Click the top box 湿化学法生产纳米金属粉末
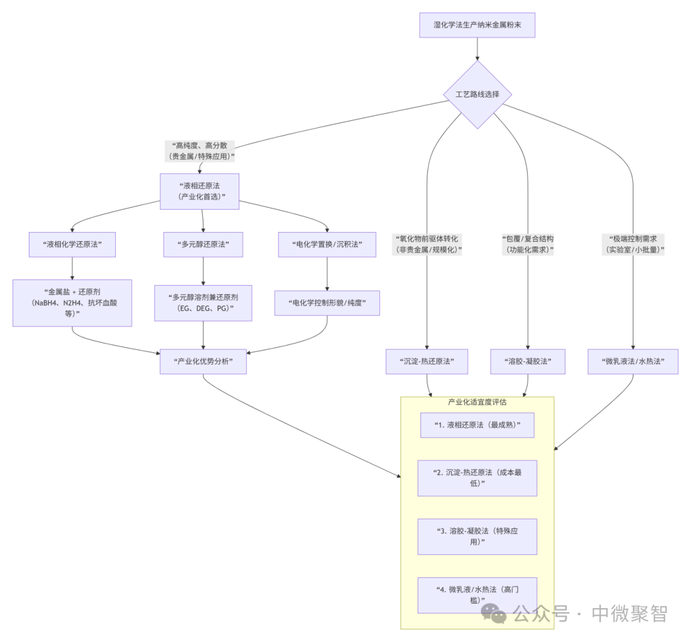[477, 26]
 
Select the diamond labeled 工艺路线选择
[477, 95]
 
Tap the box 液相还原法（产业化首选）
[200, 191]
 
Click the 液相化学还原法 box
[72, 244]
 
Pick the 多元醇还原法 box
[203, 244]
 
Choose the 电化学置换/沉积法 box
[327, 244]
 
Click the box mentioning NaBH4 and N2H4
[72, 302]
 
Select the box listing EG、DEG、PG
[203, 302]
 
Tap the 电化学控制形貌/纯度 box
[327, 302]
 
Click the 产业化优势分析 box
[203, 361]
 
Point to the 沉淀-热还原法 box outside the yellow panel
[427, 361]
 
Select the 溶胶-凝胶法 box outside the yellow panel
[528, 361]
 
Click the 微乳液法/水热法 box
[633, 361]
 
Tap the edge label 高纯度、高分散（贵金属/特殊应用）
[200, 151]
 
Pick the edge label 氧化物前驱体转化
[427, 244]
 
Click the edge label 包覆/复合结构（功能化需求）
[528, 244]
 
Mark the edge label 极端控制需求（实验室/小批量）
[633, 244]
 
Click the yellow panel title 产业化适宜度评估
[477, 402]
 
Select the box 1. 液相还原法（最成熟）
[477, 425]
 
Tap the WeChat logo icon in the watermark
[494, 614]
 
